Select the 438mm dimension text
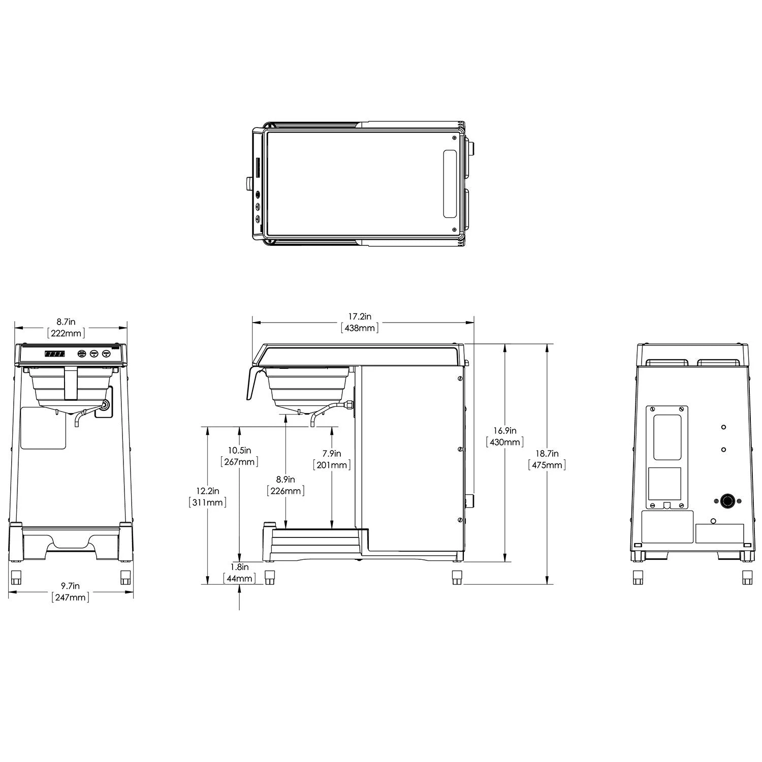360,328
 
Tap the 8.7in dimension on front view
66,322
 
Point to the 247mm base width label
71,597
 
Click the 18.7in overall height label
547,454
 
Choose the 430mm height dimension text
504,442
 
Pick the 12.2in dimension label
207,491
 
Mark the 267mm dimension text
239,462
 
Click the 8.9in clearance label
285,480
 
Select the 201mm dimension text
332,465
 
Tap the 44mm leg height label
239,579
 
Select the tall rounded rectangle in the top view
450,184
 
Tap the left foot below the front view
16,578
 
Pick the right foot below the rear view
747,578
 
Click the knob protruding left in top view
248,183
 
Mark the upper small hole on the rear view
723,427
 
